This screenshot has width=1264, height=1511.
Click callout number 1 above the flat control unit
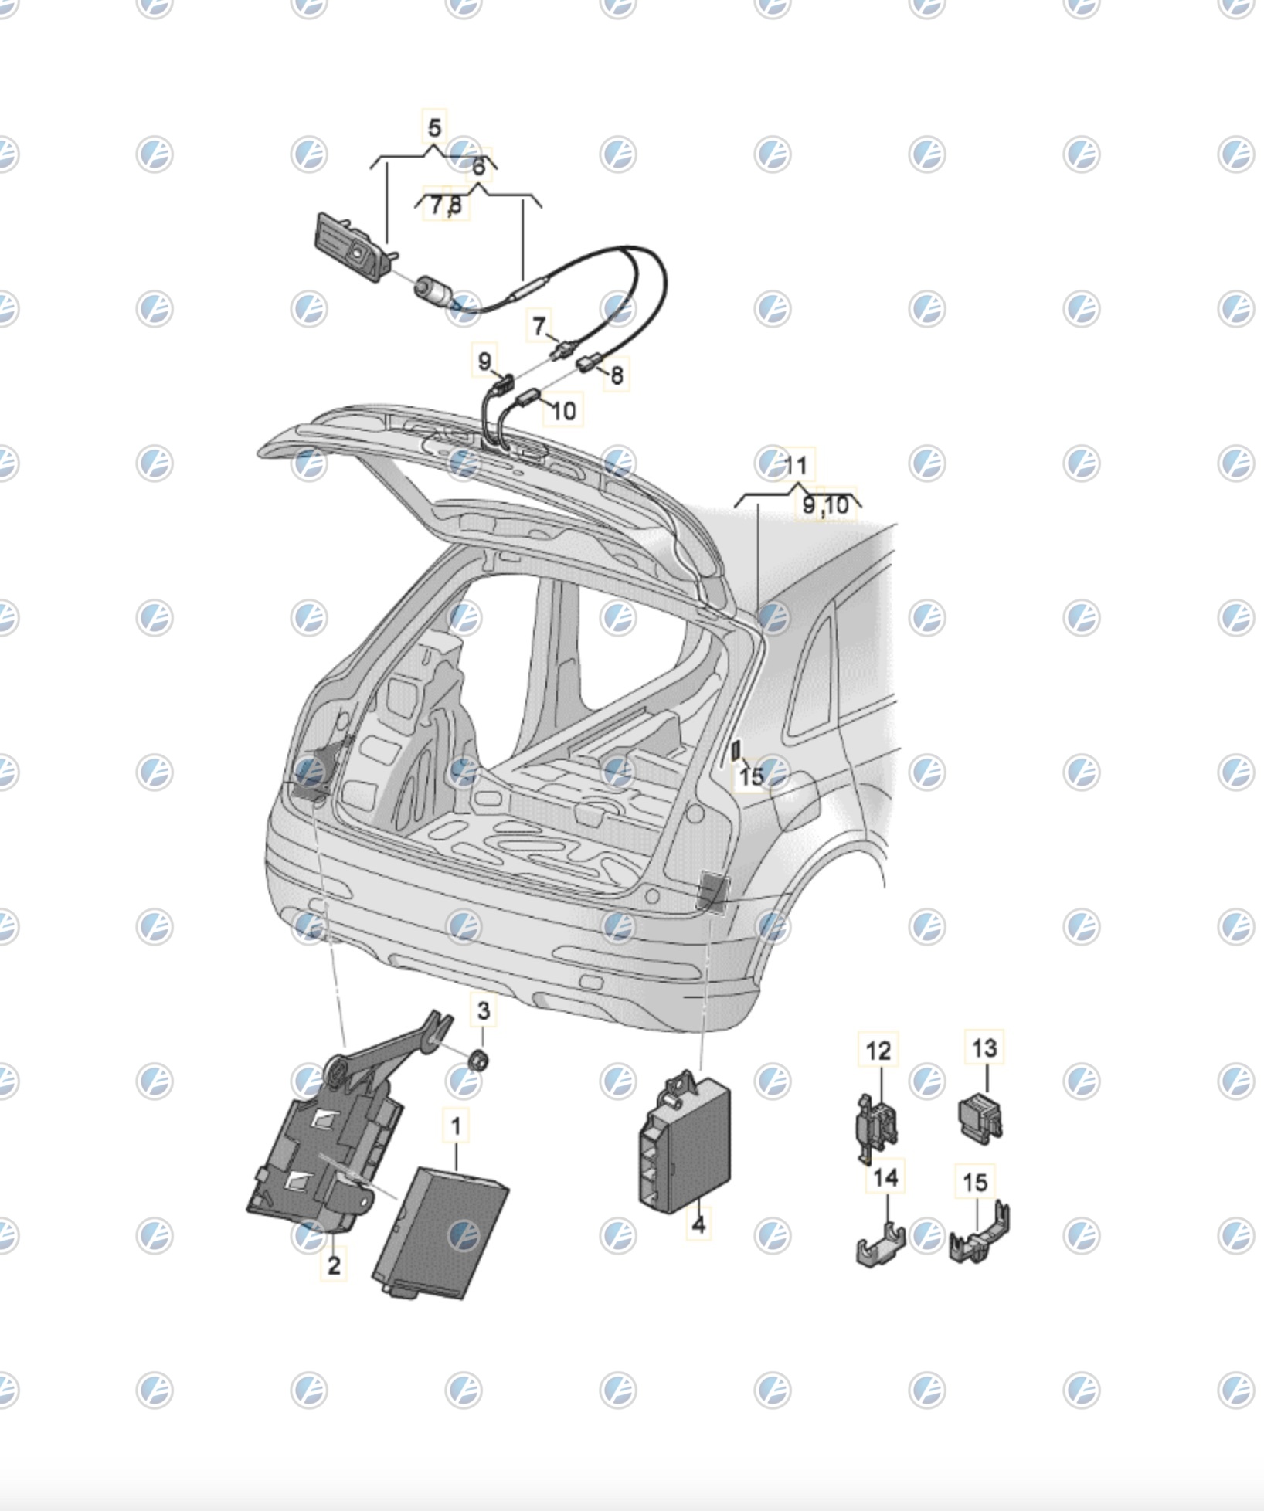456,1127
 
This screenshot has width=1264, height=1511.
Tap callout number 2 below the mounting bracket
334,1265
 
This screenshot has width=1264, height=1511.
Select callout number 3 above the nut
483,1010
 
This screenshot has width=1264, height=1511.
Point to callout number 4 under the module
698,1224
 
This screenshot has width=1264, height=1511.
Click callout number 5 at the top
434,127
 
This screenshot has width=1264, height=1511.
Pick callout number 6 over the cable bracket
479,166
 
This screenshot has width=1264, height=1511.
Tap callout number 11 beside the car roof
796,466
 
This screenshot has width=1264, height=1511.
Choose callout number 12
878,1051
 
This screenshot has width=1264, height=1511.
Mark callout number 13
984,1048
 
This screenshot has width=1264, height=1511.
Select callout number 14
885,1177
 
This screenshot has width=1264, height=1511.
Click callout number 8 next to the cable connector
617,375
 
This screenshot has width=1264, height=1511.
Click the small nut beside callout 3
478,1061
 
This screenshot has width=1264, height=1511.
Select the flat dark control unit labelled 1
440,1233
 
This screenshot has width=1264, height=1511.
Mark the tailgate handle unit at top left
352,247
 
